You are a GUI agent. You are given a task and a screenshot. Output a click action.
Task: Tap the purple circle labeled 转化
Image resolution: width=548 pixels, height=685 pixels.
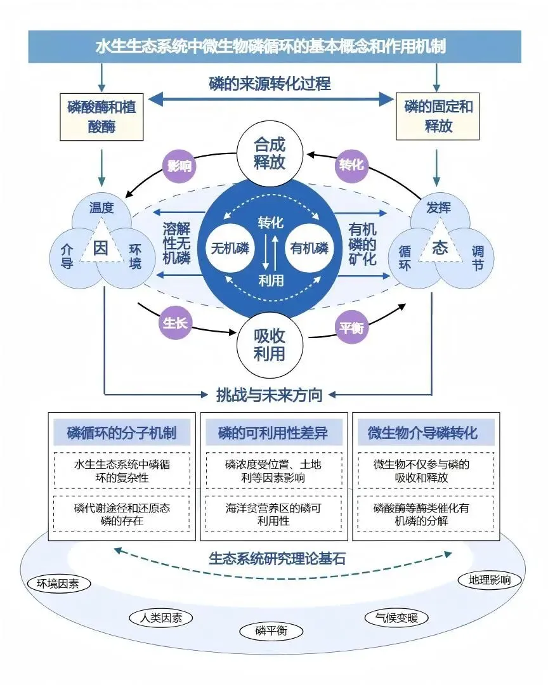click(351, 164)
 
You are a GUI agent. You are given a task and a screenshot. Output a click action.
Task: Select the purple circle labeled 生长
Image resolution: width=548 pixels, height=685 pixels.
click(176, 323)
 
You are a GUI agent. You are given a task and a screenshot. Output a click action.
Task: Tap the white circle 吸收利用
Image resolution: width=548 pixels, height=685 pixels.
click(270, 344)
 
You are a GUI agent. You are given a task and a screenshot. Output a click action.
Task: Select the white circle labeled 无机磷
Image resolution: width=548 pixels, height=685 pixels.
click(230, 248)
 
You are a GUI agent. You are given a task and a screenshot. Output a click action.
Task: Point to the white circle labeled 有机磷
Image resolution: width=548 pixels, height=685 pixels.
click(309, 248)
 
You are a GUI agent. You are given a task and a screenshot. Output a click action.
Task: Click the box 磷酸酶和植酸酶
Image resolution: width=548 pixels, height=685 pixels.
click(101, 117)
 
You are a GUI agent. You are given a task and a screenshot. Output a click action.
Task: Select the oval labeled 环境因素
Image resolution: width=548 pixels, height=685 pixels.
click(58, 584)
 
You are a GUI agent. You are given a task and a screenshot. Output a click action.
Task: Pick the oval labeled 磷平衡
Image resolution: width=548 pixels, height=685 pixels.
click(271, 630)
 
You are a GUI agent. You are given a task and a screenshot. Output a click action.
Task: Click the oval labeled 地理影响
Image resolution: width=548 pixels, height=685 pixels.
click(490, 579)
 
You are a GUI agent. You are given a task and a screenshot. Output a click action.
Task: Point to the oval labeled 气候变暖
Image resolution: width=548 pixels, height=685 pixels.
click(396, 617)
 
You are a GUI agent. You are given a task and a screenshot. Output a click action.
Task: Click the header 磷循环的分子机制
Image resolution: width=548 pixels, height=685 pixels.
click(122, 434)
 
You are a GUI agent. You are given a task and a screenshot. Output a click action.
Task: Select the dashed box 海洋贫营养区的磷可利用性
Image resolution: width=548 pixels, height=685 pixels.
click(273, 514)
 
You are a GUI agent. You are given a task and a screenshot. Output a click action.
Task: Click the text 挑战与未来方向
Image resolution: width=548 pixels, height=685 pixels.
click(270, 395)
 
